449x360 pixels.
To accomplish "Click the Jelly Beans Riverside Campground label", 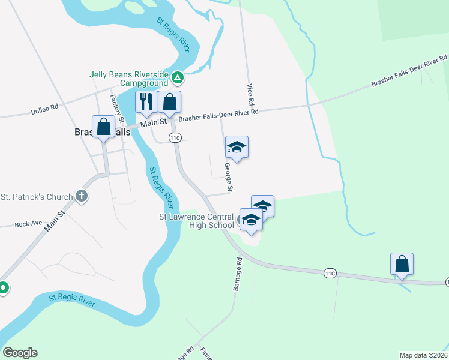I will pos(128,79).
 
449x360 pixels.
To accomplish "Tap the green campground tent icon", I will pos(178,77).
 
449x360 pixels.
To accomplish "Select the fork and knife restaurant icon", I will pos(146,103).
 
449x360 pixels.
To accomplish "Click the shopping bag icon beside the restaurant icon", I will pos(170,103).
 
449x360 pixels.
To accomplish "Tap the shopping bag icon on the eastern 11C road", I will pos(402,264).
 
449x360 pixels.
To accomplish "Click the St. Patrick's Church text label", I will pos(37,196).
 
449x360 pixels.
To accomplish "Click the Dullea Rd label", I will pos(45,109).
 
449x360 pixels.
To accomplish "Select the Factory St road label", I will pos(118,105).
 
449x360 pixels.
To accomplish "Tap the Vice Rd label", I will pos(250,92).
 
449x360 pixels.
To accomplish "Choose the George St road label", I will pos(228,178).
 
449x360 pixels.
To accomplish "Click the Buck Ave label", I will pos(28,224).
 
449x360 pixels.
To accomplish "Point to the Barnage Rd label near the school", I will pos(237,274).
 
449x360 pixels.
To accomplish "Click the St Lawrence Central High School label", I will pos(196,221).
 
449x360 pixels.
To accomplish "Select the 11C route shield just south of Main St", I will pos(175,137).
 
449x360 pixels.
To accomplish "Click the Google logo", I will pos(20,353).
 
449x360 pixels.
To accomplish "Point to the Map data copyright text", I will pos(424,355).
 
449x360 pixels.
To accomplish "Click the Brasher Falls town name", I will pos(102,133).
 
